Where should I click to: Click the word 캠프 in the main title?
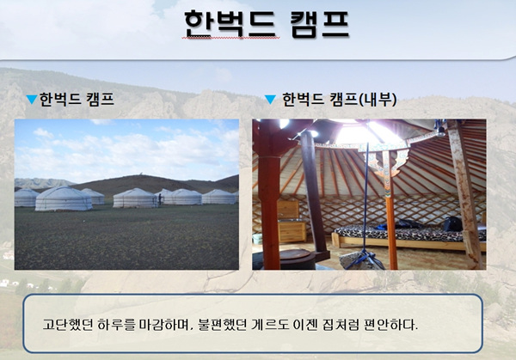320,25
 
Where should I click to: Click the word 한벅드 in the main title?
230,25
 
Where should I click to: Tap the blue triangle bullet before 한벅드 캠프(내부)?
270,100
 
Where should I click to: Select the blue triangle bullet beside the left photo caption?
32,100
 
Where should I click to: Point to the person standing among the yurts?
160,199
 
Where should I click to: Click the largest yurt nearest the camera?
64,198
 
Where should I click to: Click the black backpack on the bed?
452,224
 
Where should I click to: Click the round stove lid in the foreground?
294,254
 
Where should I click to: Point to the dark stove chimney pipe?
313,194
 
